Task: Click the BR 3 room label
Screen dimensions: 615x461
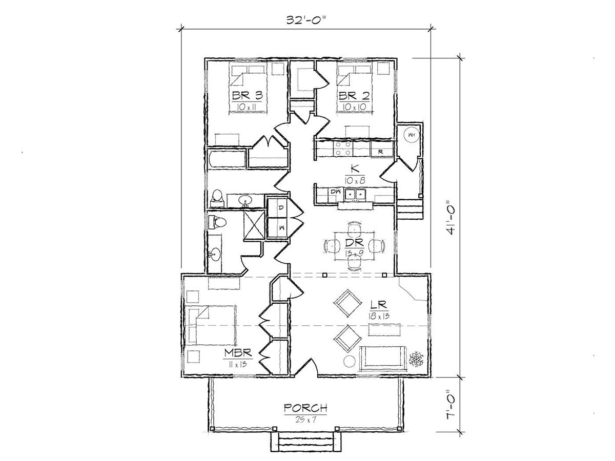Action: [248, 96]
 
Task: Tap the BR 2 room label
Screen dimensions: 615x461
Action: [354, 96]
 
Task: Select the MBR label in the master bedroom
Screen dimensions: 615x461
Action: [238, 353]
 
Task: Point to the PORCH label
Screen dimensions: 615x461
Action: [305, 408]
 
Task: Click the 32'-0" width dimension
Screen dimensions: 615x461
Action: [306, 20]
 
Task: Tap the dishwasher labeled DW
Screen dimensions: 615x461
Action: [335, 192]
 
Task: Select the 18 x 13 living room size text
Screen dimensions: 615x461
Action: [380, 316]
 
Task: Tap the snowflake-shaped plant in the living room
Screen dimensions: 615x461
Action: [416, 359]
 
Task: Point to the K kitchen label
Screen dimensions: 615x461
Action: [355, 170]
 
